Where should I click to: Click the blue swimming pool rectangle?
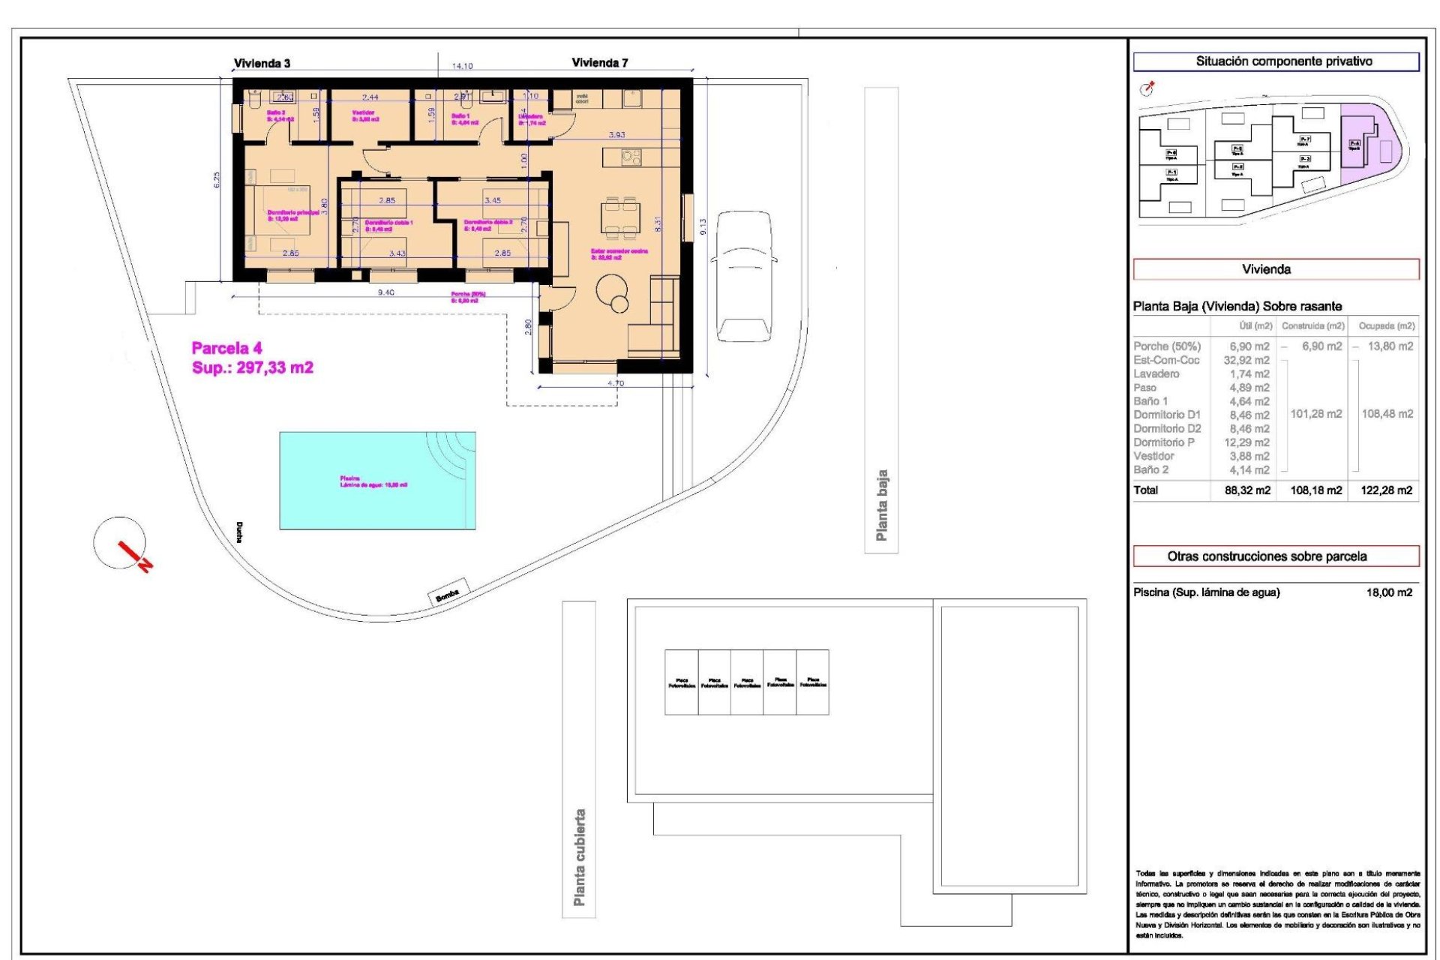click(x=377, y=480)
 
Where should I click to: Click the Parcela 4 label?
click(x=226, y=348)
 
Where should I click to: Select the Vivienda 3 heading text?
click(x=262, y=64)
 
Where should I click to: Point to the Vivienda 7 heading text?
click(x=599, y=63)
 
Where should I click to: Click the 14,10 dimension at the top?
click(x=462, y=66)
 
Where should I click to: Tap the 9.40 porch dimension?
click(x=385, y=292)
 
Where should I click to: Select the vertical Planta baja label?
click(x=881, y=505)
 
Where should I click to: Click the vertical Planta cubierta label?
click(x=579, y=856)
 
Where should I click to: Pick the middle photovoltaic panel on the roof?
click(x=747, y=682)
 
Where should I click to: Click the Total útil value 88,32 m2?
click(x=1247, y=490)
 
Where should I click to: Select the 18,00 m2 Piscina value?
click(x=1389, y=592)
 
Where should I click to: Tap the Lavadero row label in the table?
click(x=1156, y=373)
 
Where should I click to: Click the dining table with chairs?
click(x=619, y=217)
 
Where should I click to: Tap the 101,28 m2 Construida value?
click(x=1315, y=414)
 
